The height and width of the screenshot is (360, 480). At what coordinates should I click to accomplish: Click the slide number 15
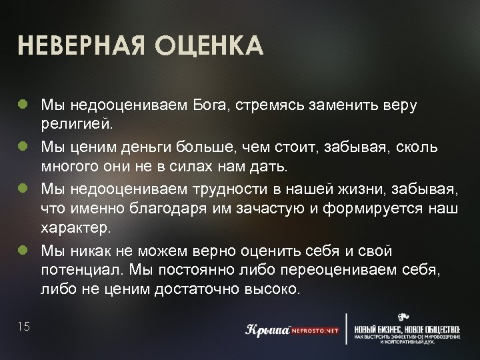coord(24,326)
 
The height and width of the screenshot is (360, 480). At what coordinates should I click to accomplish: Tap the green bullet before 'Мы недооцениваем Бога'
coord(23,105)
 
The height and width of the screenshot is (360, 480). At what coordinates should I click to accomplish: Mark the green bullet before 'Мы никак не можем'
coord(23,250)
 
